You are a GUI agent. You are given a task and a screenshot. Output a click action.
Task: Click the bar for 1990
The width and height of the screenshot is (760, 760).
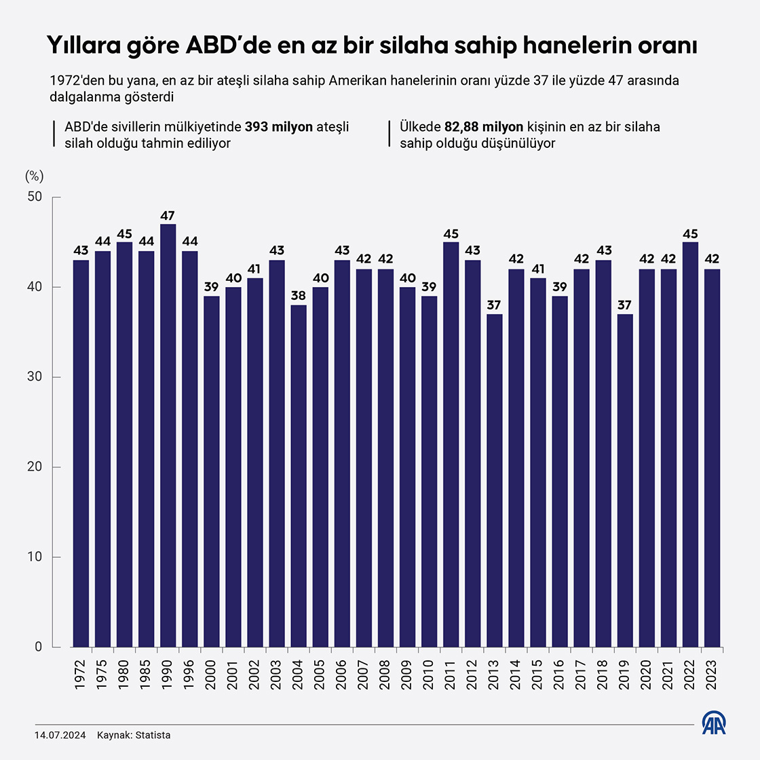(x=168, y=435)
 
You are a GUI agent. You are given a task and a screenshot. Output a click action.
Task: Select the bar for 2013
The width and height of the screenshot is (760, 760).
(x=494, y=480)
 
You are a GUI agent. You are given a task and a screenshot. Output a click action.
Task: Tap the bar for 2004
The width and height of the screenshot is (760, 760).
(x=299, y=476)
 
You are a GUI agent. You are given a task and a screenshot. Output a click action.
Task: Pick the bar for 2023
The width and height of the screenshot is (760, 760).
(x=712, y=458)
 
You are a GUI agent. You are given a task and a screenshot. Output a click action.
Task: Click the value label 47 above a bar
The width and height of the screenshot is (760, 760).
(x=168, y=216)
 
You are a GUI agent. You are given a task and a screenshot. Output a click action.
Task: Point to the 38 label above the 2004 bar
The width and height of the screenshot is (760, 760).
(x=299, y=297)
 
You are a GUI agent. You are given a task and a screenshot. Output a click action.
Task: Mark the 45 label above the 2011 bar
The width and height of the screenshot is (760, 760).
(x=451, y=233)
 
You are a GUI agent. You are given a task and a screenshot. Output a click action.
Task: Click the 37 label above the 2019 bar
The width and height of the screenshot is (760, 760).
(x=625, y=305)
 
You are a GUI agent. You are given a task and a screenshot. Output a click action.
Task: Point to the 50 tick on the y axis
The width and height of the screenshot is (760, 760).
(x=35, y=197)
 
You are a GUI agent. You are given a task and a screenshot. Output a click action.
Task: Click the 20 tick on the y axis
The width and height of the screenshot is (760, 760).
(x=35, y=467)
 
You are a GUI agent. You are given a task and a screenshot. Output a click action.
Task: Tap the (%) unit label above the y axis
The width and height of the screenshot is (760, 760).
(x=34, y=176)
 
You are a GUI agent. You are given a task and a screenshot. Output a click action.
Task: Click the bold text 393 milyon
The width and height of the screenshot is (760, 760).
(x=279, y=127)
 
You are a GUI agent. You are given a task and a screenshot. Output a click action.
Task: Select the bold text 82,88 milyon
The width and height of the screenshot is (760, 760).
(x=484, y=127)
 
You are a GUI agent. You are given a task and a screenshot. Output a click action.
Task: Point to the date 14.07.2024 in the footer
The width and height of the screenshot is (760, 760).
(x=60, y=735)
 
